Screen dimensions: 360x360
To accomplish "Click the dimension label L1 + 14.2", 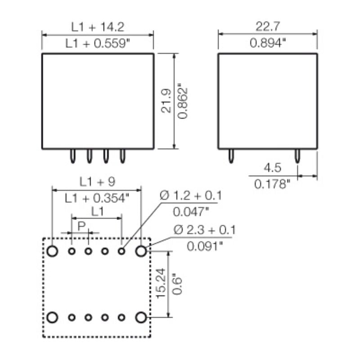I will coord(98,27).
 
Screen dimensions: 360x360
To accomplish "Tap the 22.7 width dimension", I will coord(268,27).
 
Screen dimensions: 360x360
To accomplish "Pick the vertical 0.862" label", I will coord(182,101).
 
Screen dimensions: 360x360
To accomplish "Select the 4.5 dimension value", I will coord(272,168).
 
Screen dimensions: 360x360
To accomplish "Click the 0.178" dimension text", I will coord(273,184).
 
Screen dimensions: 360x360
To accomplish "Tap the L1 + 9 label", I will coord(98,182).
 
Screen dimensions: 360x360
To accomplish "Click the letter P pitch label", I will coord(81,225).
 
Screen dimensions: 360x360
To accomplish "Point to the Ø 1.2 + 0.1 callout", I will coord(191,196).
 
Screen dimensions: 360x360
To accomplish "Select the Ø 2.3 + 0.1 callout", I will coord(205,230).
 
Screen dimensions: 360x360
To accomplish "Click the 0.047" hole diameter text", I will coord(191,212).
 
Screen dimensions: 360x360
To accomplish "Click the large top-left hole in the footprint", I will coord(53,251).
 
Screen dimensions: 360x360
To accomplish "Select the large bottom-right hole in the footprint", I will coord(141,318).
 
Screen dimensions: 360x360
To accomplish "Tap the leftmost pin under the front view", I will coord(72,156).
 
